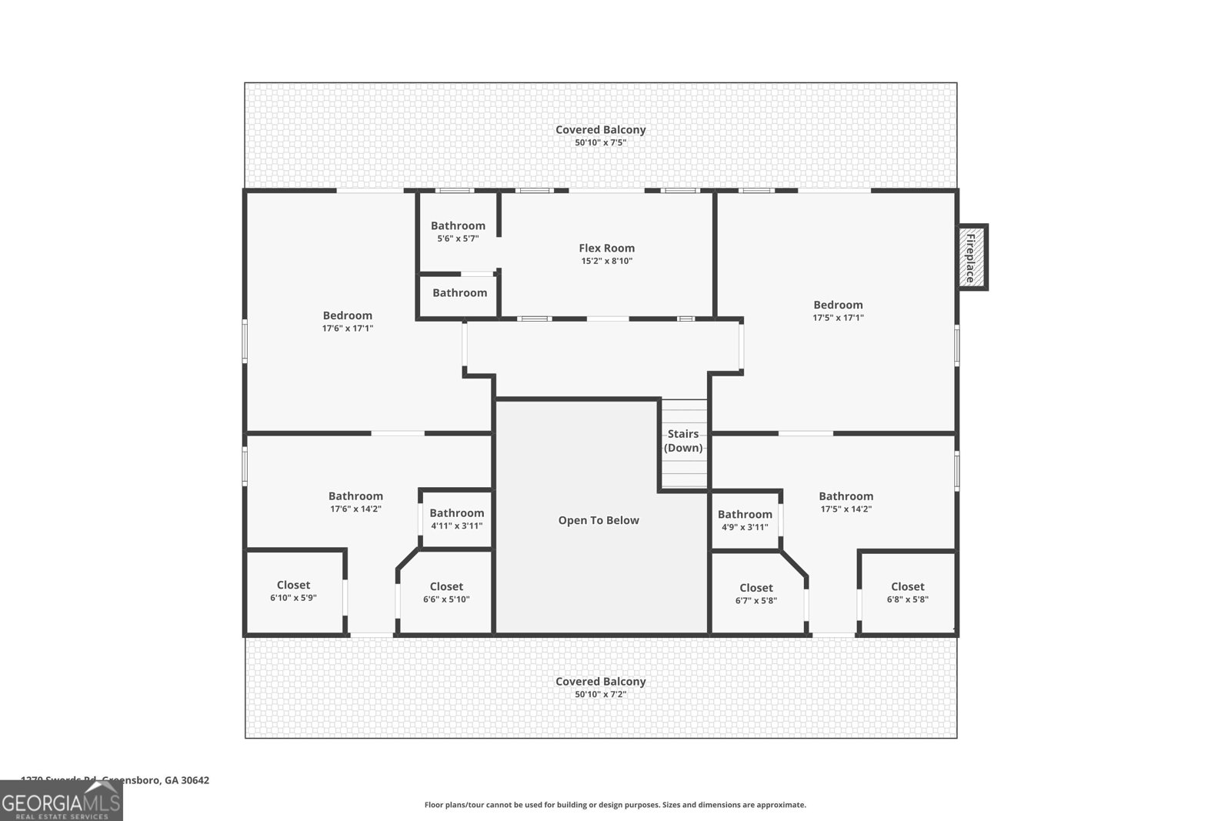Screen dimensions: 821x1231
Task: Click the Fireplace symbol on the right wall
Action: pos(971,257)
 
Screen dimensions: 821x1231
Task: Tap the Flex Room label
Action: pos(606,248)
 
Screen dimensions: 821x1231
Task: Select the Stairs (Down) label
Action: pos(683,441)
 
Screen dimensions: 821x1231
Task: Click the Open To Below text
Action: pos(599,520)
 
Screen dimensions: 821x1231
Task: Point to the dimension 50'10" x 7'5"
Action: pos(600,142)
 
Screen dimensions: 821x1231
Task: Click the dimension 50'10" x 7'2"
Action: pos(600,694)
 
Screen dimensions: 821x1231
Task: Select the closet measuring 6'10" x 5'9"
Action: pos(293,591)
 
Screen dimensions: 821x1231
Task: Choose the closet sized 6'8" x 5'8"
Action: pos(907,592)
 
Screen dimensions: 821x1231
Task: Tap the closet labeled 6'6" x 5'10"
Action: pos(446,592)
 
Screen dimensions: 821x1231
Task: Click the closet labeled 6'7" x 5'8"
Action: pos(756,594)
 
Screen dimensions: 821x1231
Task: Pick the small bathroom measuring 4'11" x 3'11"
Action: pos(456,519)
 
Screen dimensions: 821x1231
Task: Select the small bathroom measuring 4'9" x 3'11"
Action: pos(745,520)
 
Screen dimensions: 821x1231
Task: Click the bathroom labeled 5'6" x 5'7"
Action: pos(458,231)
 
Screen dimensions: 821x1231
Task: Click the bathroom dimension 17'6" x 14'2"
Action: pos(355,509)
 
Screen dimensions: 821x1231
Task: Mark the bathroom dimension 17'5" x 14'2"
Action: pos(846,509)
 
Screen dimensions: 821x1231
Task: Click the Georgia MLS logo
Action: pos(61,801)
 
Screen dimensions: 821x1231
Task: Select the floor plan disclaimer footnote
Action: pos(615,805)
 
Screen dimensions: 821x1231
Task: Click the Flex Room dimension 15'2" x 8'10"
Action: pos(606,261)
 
